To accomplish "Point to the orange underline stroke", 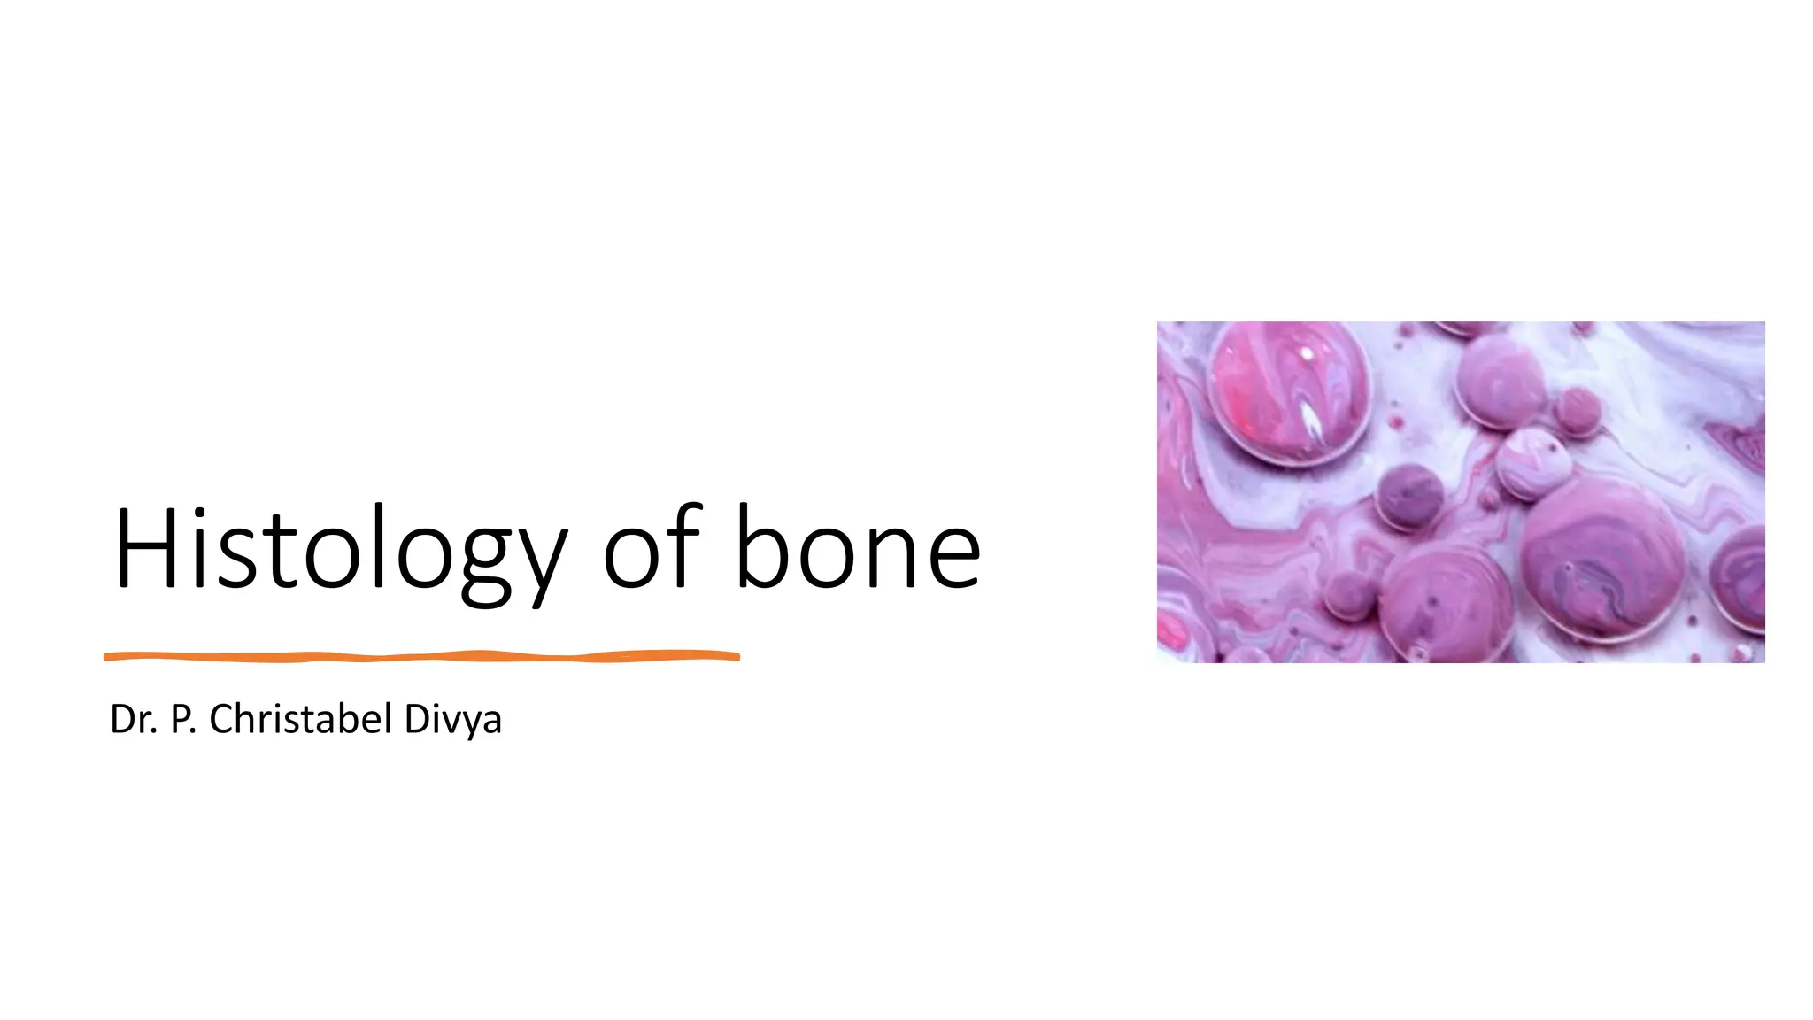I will [x=421, y=656].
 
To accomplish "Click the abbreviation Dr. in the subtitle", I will [x=134, y=719].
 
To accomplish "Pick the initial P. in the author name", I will [x=182, y=719].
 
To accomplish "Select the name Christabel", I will [x=300, y=719].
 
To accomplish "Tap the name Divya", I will [x=452, y=719].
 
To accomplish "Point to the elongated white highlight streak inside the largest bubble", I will [x=1310, y=421].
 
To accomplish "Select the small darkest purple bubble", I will [x=1409, y=495].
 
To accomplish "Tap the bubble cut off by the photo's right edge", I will [x=1740, y=576].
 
